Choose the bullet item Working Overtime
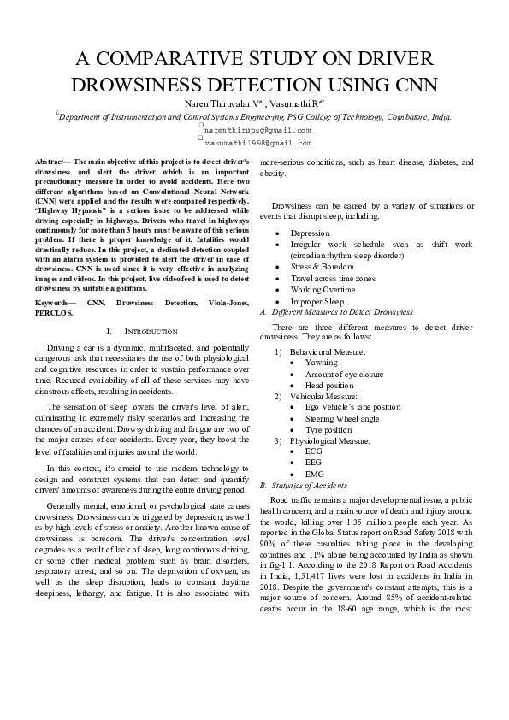pos(323,290)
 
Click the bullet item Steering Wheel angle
pos(342,419)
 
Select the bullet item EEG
pos(313,462)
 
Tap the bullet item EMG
pos(314,473)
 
